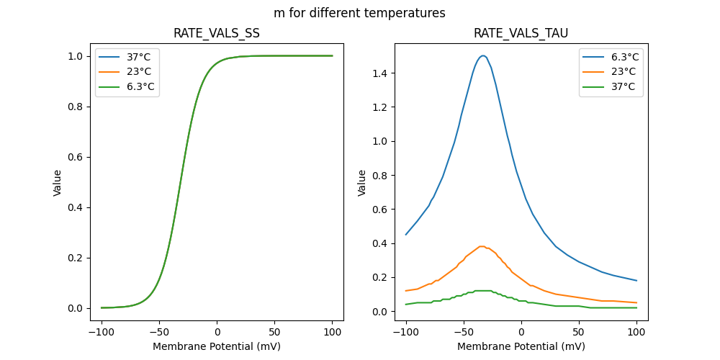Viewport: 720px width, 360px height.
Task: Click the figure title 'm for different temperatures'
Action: click(x=359, y=13)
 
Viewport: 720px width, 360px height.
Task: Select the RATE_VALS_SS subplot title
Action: click(x=217, y=33)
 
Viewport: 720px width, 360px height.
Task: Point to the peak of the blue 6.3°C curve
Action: click(x=483, y=55)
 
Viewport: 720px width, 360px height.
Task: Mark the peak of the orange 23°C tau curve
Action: click(x=482, y=246)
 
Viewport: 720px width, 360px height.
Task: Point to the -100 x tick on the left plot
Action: click(x=102, y=332)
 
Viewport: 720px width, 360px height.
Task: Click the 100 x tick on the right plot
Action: click(x=636, y=332)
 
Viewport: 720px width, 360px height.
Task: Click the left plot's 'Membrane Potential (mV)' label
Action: click(x=217, y=346)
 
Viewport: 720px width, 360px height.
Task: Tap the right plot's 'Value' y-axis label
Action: click(x=362, y=183)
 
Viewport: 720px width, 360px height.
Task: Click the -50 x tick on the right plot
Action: click(x=464, y=332)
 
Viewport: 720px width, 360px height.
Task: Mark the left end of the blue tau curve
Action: click(x=406, y=235)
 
